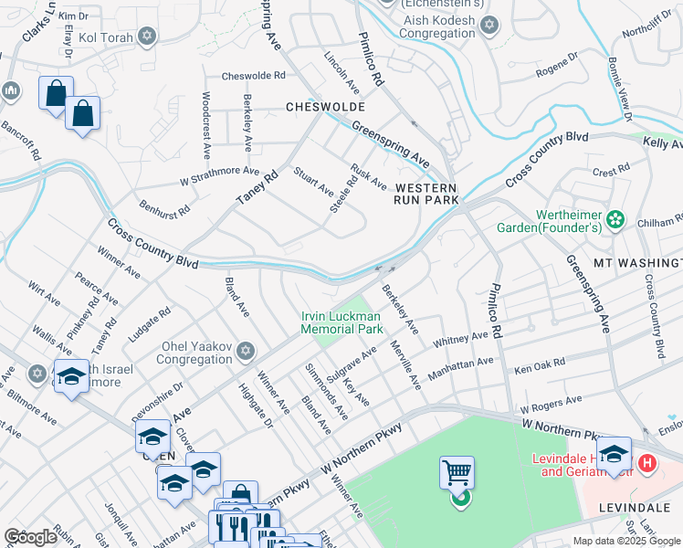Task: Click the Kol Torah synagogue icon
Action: pos(147,37)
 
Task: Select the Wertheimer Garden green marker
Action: pos(615,218)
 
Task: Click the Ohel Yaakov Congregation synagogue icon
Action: pos(246,352)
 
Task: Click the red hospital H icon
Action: pos(647,463)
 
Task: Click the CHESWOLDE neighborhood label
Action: pos(326,107)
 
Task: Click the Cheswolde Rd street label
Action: pos(254,76)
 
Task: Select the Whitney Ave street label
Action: pos(461,339)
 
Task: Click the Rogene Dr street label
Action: pos(557,63)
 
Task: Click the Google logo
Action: pos(30,537)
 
